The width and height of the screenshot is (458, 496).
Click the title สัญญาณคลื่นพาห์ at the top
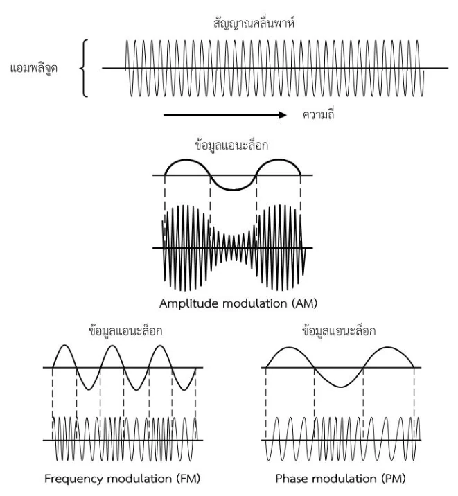(254, 24)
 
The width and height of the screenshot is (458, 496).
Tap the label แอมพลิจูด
(34, 69)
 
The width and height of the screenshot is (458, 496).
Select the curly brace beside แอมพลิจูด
(84, 69)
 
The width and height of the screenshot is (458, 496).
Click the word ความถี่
(319, 114)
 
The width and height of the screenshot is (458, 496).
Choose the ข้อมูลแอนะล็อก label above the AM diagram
(231, 145)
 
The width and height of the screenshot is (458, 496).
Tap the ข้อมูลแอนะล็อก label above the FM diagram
(125, 330)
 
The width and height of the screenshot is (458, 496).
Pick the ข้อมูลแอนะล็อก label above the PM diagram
(339, 330)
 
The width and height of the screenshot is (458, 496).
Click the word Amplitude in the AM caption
(188, 303)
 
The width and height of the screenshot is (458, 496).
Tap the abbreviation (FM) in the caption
(188, 478)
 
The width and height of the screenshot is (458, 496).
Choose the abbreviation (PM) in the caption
(394, 478)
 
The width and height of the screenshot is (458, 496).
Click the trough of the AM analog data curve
(233, 190)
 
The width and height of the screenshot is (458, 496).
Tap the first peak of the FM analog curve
(65, 345)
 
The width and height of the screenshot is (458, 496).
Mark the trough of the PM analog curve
(340, 387)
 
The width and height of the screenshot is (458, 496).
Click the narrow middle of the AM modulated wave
(233, 248)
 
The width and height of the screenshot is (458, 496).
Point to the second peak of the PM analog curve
(388, 347)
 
